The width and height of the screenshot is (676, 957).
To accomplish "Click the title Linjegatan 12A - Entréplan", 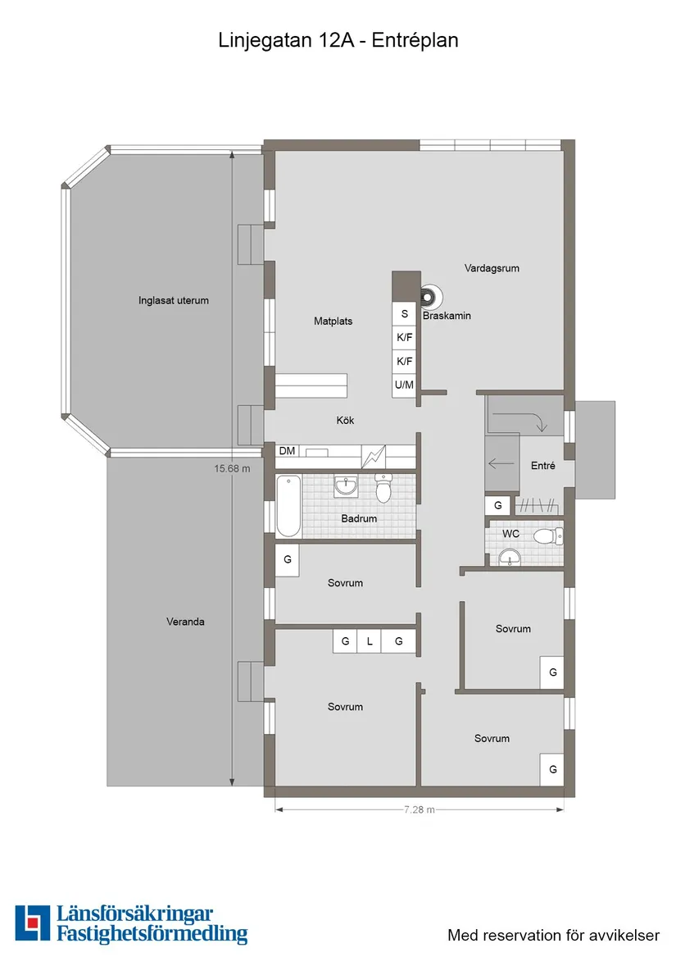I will click(338, 40).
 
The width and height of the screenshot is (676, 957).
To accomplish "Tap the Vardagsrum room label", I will click(492, 268).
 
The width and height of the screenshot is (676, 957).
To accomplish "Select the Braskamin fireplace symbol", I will click(430, 297).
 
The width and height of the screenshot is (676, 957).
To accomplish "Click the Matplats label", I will click(333, 321).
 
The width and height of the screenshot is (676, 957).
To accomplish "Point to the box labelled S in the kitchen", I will click(405, 314).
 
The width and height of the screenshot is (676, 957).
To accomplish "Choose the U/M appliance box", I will click(405, 385).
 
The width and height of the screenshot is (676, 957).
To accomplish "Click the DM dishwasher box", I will click(287, 451).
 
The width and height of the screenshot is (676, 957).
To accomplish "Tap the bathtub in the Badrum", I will click(288, 505).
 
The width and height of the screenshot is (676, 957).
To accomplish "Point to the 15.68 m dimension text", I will click(232, 469).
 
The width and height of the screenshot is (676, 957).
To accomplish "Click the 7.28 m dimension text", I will click(419, 809).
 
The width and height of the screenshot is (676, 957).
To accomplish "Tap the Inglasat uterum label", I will click(174, 300).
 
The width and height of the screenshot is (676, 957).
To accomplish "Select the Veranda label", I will click(185, 622).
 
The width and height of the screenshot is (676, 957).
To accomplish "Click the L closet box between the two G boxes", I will click(370, 641).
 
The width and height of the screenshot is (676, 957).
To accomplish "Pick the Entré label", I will click(542, 466).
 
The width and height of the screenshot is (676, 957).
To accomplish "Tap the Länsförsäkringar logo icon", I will click(33, 923).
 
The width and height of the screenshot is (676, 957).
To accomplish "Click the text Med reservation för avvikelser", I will click(553, 935).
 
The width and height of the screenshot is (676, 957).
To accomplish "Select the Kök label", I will click(345, 421).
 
